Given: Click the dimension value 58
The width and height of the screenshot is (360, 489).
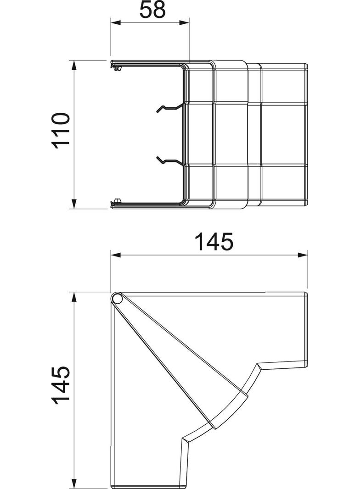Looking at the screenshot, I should click(152, 10).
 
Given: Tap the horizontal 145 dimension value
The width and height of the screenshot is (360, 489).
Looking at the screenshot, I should click(214, 242).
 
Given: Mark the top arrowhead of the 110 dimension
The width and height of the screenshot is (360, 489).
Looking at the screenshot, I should click(74, 64).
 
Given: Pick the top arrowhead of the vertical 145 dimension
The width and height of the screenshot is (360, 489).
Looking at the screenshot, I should click(74, 296).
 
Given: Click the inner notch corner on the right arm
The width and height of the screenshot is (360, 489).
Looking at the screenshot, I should click(257, 365).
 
